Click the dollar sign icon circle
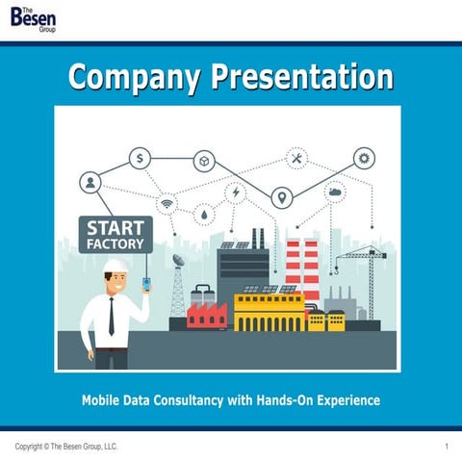140,158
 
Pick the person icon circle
90,182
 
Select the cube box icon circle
204,161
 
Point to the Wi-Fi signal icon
167,205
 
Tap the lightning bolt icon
236,192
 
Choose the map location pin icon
281,198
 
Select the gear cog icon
365,158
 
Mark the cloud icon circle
336,192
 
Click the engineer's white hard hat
116,267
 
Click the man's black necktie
113,317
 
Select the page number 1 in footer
448,448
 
